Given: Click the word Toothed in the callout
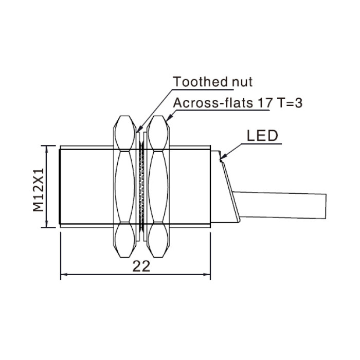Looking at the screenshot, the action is point(200,82).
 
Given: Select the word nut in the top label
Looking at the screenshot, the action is point(242,82).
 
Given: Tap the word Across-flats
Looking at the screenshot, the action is point(213,103).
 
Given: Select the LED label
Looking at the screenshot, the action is point(262,136).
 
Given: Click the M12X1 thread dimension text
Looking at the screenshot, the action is point(39,190).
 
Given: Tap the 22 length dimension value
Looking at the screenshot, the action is point(141,266).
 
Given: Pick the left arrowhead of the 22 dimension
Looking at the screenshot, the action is point(64,274).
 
